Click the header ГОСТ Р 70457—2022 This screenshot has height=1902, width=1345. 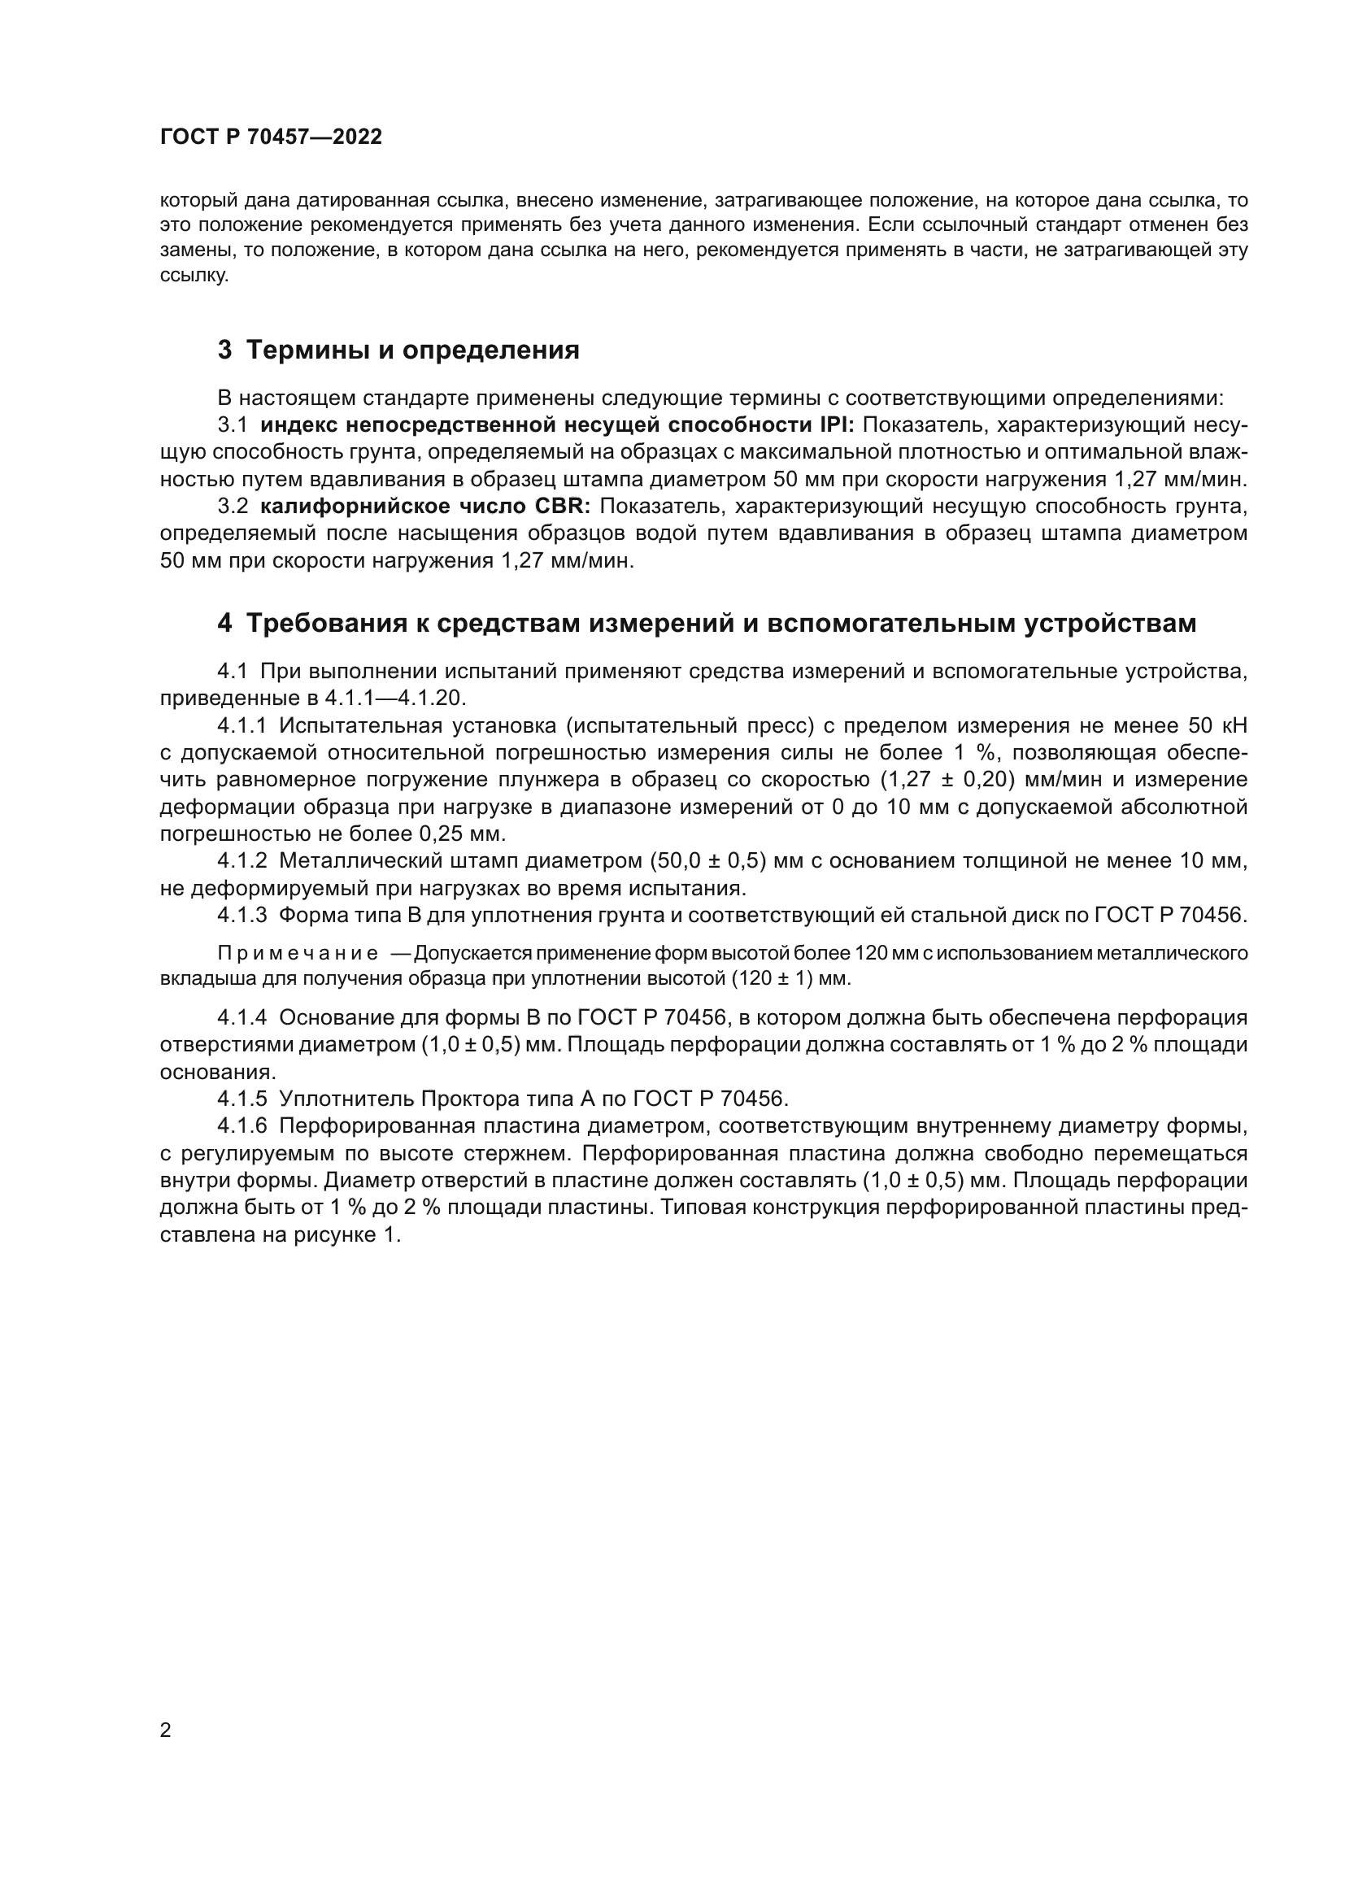click(x=271, y=137)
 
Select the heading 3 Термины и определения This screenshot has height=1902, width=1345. click(x=398, y=350)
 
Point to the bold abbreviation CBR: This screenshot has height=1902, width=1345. click(x=567, y=507)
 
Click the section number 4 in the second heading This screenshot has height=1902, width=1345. click(x=224, y=623)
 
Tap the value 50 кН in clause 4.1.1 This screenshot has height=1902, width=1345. click(x=1217, y=725)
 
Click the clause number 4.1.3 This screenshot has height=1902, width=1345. click(x=242, y=916)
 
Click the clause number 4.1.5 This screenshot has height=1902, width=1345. click(x=242, y=1099)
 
